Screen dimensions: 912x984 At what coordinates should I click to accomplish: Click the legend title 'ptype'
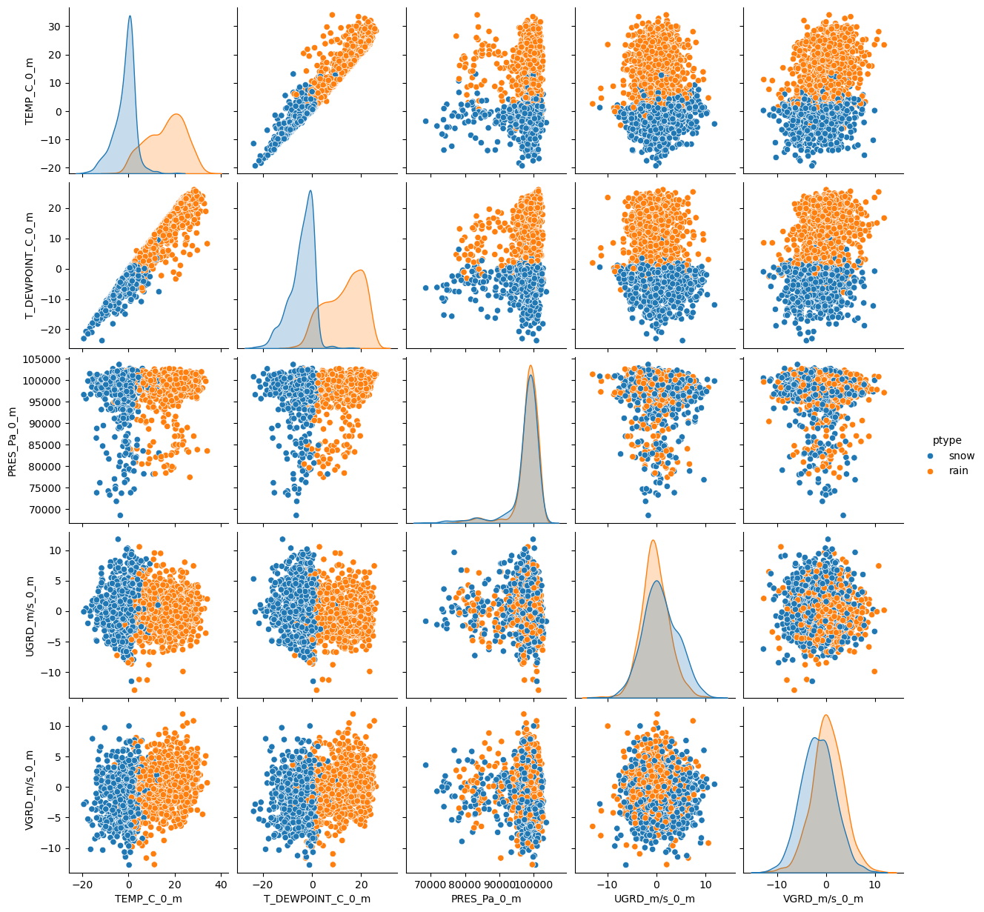[947, 440]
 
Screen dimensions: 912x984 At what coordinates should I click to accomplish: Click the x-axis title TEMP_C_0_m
[149, 899]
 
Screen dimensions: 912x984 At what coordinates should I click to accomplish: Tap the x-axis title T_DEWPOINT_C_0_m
[317, 899]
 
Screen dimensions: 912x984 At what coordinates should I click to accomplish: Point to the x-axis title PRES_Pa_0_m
[486, 899]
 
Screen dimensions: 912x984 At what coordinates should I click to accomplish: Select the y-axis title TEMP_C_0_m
[30, 90]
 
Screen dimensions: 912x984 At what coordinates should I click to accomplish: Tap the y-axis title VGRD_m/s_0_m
[30, 789]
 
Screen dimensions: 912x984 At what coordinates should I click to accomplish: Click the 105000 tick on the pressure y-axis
[45, 360]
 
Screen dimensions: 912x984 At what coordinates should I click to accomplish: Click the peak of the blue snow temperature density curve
[130, 16]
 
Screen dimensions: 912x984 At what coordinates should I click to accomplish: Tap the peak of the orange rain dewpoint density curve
[360, 270]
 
